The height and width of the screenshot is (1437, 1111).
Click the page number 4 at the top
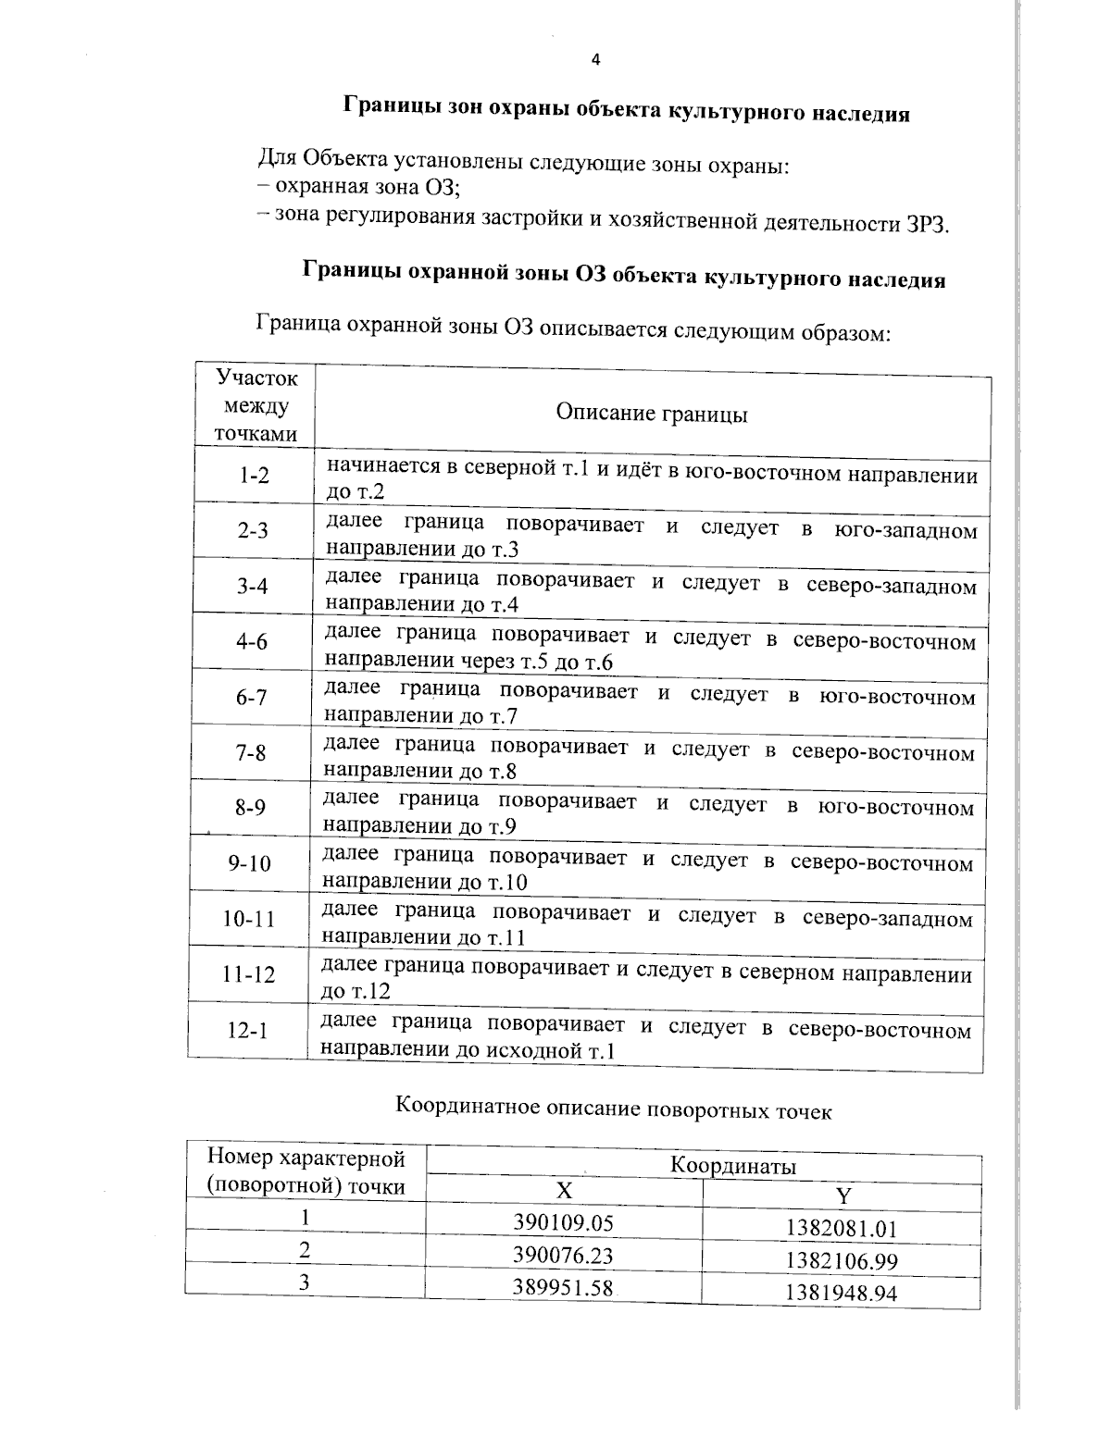tap(595, 60)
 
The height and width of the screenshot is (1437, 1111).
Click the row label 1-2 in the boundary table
tap(253, 476)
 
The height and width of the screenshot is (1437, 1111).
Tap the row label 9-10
tap(250, 863)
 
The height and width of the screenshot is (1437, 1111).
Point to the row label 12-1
tap(248, 1029)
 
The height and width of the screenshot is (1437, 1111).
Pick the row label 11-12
tap(248, 974)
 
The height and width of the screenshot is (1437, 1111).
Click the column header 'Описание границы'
tap(652, 414)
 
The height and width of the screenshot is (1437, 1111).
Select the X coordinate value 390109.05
tap(564, 1222)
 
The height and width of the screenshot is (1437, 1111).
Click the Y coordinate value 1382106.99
tap(841, 1261)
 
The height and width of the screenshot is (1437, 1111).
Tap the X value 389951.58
tap(563, 1287)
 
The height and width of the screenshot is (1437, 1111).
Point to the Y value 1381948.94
tap(841, 1294)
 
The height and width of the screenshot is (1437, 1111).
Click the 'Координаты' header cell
tap(732, 1166)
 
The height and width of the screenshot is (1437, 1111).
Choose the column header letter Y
tap(843, 1196)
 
